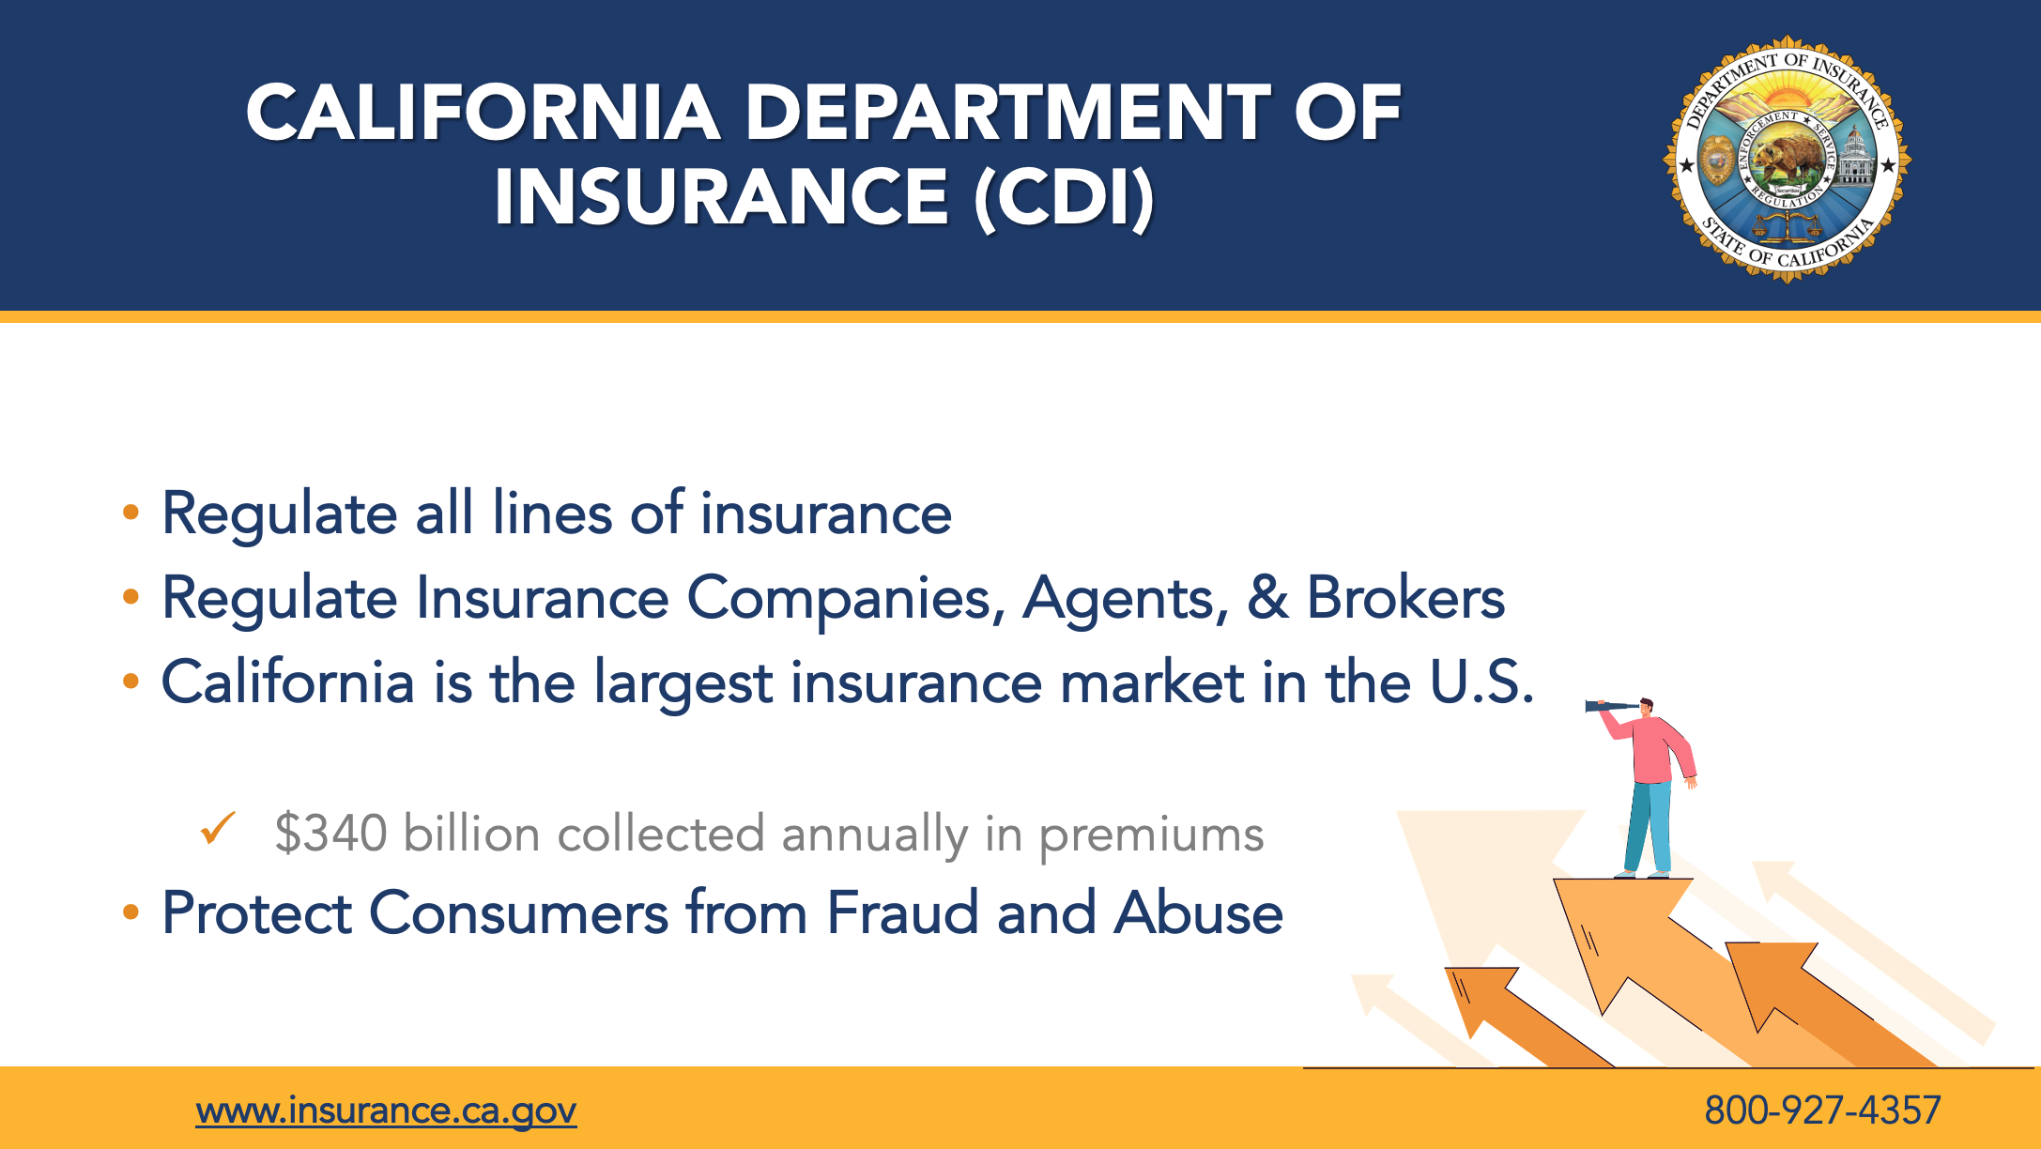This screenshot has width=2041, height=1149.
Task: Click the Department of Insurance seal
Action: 1788,160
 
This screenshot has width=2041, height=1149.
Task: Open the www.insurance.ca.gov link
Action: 386,1111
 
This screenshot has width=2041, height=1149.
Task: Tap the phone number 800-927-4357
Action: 1822,1111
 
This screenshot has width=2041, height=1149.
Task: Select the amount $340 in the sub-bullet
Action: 330,834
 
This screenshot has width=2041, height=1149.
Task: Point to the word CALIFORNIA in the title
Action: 483,113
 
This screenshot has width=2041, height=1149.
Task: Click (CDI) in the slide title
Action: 1064,198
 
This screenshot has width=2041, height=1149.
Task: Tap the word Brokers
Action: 1405,597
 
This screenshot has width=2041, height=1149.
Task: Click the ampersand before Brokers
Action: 1267,598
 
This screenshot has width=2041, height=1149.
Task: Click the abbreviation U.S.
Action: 1481,682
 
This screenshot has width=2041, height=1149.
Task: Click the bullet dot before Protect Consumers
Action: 131,912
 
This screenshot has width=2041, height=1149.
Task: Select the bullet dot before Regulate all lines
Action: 131,513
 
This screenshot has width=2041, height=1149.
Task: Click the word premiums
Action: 1151,835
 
